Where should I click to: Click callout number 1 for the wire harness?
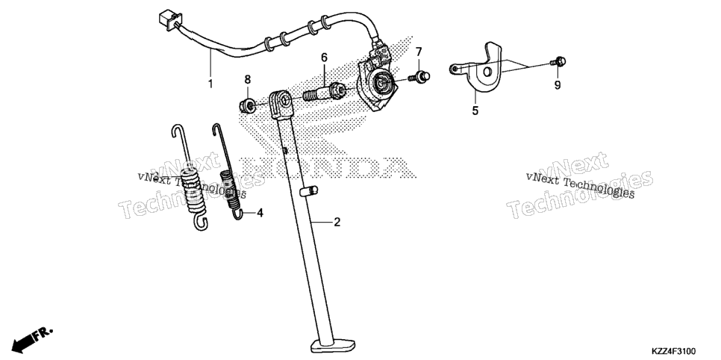210,84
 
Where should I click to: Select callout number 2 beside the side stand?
337,223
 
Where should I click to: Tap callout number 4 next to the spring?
260,213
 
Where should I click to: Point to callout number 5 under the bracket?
475,111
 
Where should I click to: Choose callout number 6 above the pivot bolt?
324,58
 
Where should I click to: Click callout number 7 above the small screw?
419,51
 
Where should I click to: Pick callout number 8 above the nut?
247,78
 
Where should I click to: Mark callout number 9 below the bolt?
558,85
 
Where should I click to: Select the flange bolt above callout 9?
558,61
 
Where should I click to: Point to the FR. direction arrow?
32,338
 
